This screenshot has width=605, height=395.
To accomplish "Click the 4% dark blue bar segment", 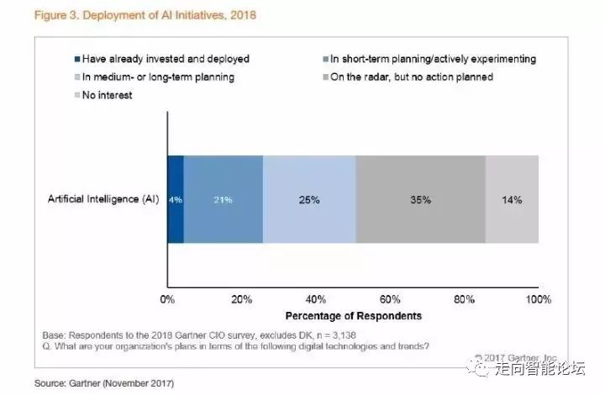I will click(176, 200).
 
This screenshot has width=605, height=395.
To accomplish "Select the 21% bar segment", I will click(223, 200).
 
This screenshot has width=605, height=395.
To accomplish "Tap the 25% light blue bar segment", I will click(308, 200).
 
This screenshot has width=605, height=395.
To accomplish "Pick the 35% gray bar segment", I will click(420, 200).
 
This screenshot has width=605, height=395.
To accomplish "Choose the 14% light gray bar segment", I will click(512, 200).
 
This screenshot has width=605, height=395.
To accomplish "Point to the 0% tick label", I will click(168, 300).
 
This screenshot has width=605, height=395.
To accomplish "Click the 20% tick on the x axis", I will click(242, 300).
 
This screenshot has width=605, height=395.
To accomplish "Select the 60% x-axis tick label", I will click(390, 300).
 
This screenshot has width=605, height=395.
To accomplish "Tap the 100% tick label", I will click(538, 300).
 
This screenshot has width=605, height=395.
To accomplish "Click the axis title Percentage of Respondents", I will click(352, 316).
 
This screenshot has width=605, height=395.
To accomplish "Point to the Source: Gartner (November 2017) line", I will click(103, 383).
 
